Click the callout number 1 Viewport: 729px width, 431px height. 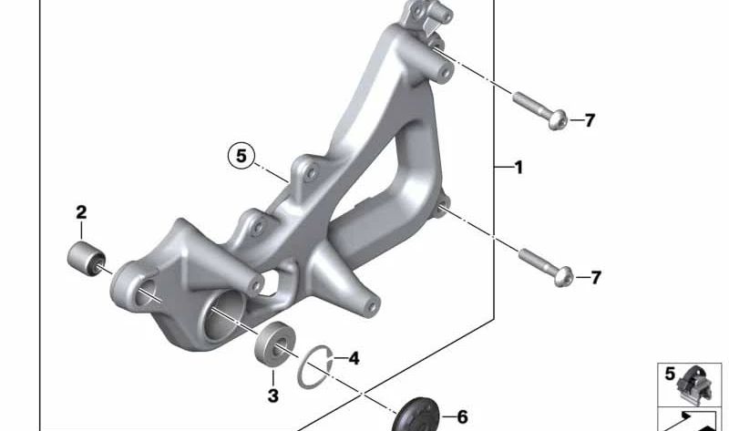click(519, 168)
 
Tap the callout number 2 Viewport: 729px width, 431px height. click(81, 212)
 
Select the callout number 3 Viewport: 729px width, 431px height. click(272, 395)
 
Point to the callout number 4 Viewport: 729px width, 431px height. click(354, 358)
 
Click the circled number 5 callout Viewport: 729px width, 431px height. click(241, 155)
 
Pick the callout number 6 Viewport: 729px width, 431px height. click(462, 417)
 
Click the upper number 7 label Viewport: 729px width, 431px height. click(590, 120)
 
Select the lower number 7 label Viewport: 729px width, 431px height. click(596, 278)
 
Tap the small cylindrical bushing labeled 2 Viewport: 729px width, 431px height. click(87, 259)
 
